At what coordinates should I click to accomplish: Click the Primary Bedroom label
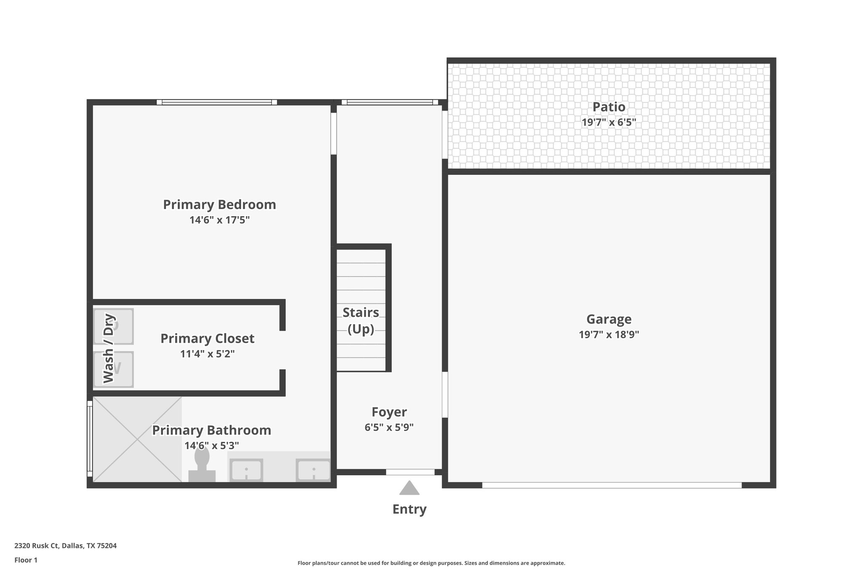tap(219, 205)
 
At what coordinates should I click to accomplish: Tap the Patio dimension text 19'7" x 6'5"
tap(608, 123)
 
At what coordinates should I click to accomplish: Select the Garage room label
tap(608, 319)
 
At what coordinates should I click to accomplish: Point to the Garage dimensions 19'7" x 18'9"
tap(608, 335)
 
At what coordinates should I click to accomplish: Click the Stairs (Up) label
tap(361, 321)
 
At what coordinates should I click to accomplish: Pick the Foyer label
tap(389, 412)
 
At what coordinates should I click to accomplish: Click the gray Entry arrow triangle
tap(409, 488)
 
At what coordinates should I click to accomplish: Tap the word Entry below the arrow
tap(409, 509)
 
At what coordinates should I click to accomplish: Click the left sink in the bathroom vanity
tap(246, 470)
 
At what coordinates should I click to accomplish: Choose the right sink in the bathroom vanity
tap(313, 470)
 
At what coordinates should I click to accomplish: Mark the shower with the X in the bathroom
tap(137, 439)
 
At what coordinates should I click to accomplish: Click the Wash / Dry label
tap(109, 348)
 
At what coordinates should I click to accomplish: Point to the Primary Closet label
tap(207, 339)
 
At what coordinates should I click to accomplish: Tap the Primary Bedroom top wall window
tap(217, 102)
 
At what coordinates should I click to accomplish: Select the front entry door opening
tap(410, 472)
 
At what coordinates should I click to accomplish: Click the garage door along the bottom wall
tap(611, 485)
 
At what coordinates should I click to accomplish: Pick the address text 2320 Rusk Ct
tap(65, 546)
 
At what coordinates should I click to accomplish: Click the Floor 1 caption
tap(26, 560)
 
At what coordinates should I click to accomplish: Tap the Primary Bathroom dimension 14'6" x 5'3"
tap(212, 446)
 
